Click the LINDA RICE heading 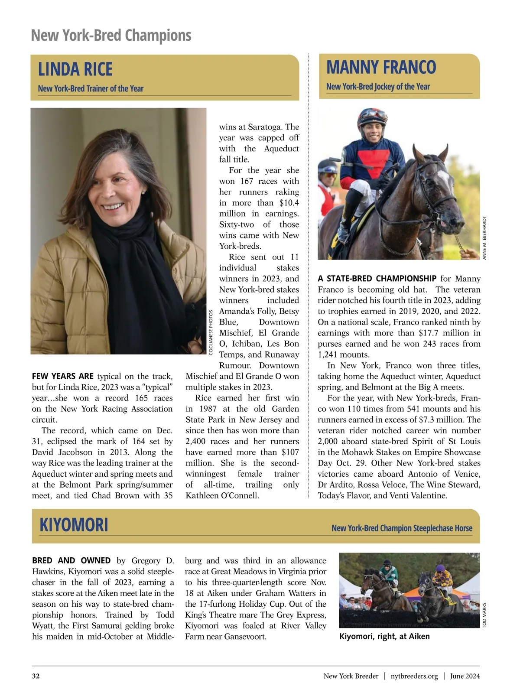[75, 69]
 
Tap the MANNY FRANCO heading [381, 68]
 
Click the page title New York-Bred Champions [111, 35]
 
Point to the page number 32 [36, 676]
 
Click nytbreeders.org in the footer [414, 676]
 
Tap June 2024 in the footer [465, 676]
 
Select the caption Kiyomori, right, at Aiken [384, 636]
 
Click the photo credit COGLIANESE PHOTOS [211, 333]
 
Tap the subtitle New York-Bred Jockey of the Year [378, 87]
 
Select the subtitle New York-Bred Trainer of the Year [91, 89]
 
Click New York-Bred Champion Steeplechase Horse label [402, 528]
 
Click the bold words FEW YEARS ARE [63, 376]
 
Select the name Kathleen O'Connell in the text [222, 495]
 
